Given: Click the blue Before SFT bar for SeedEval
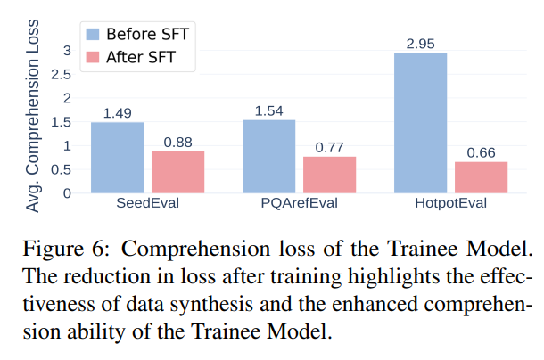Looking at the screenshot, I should (x=117, y=158).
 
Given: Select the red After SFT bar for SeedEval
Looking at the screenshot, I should (x=177, y=172).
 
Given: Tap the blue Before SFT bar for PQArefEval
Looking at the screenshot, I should (x=268, y=156).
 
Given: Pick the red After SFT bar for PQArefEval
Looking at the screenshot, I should (x=330, y=175).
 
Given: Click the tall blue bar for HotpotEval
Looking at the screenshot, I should (x=420, y=123).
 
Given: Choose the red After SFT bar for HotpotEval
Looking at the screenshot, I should (x=481, y=177).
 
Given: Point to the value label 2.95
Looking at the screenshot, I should (x=420, y=43).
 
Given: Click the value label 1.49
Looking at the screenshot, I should (x=117, y=113).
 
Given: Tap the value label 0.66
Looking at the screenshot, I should (x=481, y=152).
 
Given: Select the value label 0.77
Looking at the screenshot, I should (x=330, y=147).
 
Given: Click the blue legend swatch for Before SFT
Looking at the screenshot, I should (x=94, y=35).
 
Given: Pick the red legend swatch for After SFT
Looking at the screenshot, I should (x=94, y=58).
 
